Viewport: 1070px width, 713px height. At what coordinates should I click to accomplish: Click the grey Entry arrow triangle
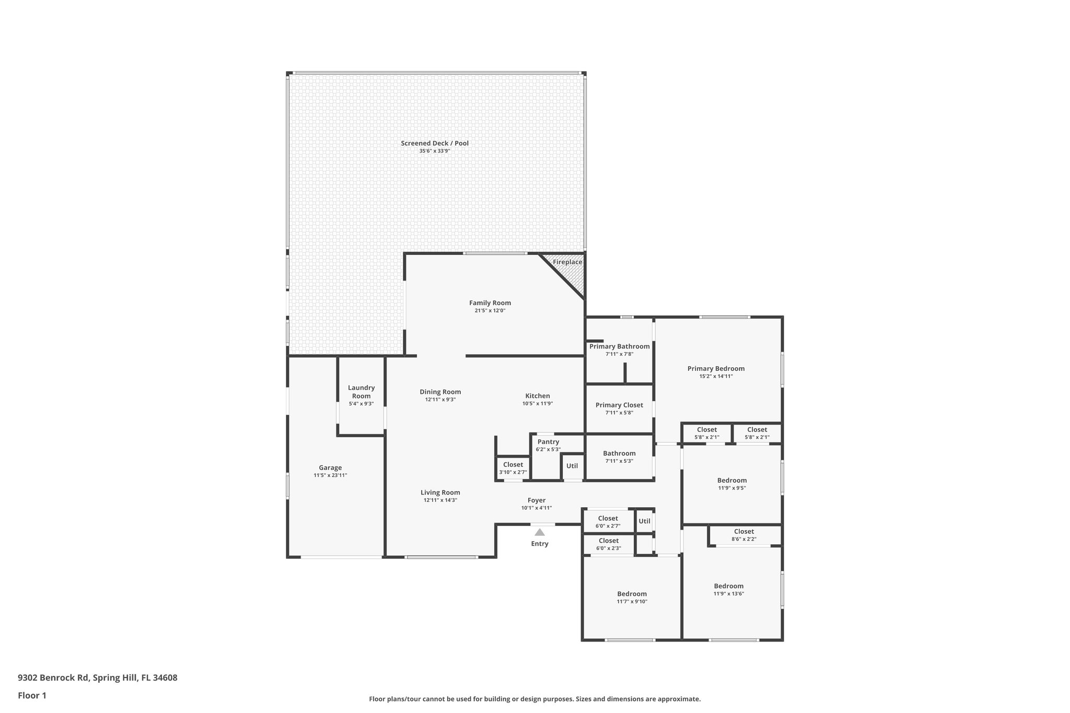coord(540,532)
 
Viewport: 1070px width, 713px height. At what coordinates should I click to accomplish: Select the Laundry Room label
coord(361,392)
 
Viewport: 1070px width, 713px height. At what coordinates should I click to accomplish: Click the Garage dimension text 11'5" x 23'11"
coord(330,475)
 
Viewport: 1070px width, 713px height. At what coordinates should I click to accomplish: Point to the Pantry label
coord(548,442)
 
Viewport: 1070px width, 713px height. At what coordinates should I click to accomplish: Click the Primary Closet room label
coord(619,405)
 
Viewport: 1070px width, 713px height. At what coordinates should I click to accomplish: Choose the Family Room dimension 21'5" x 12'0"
coord(490,311)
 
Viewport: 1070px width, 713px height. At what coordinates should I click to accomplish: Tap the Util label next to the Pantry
coord(572,466)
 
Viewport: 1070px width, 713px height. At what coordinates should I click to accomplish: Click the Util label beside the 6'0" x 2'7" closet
coord(644,521)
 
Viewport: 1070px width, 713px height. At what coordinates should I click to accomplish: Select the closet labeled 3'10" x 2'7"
coord(513,468)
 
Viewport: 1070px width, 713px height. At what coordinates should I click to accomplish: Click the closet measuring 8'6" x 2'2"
coord(743,535)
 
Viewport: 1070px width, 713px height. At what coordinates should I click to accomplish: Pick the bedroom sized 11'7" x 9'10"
coord(632,598)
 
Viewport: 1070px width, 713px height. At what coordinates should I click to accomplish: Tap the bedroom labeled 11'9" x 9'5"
coord(731,484)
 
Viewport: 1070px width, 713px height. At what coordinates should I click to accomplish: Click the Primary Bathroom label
coord(619,346)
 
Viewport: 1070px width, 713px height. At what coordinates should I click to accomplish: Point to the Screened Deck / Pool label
coord(434,143)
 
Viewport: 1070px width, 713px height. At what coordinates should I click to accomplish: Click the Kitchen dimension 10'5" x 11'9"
coord(537,404)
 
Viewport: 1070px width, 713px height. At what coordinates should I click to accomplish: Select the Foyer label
coord(536,500)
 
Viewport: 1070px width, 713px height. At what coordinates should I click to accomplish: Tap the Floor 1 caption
coord(32,695)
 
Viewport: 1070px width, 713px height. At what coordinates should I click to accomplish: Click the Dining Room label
coord(440,392)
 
